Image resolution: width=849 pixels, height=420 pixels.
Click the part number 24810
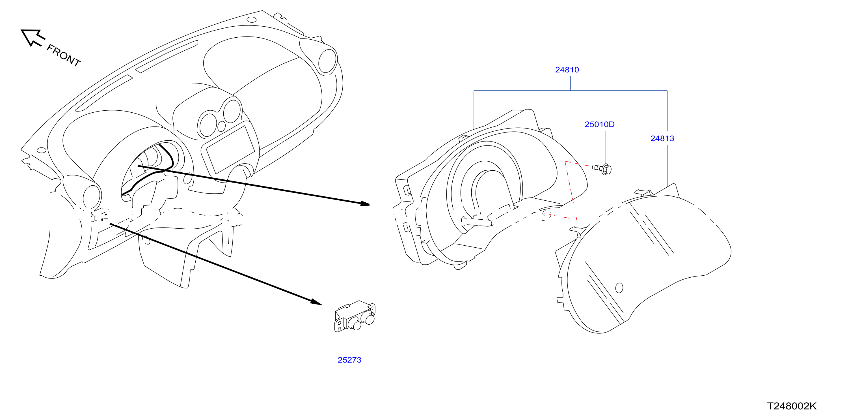pyautogui.click(x=567, y=70)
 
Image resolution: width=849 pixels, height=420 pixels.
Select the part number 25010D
pyautogui.click(x=600, y=124)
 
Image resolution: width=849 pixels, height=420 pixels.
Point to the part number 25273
pyautogui.click(x=349, y=360)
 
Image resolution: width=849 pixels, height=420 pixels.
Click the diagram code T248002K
pyautogui.click(x=792, y=406)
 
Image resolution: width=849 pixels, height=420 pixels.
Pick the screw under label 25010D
pyautogui.click(x=602, y=169)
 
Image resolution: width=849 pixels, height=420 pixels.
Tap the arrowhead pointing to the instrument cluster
pyautogui.click(x=365, y=203)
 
